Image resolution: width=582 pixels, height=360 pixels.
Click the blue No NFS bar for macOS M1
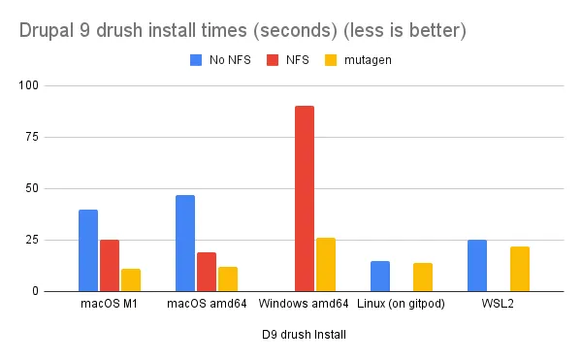click(88, 250)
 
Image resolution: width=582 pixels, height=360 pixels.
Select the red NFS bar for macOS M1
click(110, 266)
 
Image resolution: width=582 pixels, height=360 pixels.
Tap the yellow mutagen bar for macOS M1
click(131, 280)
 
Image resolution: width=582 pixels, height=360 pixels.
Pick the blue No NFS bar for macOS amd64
click(185, 244)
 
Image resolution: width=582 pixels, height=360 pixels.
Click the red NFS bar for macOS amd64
click(207, 272)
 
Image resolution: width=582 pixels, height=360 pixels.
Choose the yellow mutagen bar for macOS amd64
click(228, 279)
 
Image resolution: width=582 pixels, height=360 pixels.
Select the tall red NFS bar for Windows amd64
click(305, 199)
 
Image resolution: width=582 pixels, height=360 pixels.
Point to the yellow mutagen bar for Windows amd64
click(326, 265)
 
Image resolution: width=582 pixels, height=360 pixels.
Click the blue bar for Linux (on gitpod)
click(380, 277)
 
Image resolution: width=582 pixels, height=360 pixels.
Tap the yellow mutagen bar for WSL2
click(520, 269)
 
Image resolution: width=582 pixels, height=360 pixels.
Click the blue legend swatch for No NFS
click(196, 60)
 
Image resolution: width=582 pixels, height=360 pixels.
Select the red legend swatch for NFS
click(273, 60)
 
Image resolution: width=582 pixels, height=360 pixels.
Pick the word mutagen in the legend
click(368, 60)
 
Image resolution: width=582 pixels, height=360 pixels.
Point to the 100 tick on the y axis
click(28, 85)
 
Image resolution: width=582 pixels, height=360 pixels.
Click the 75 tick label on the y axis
click(32, 137)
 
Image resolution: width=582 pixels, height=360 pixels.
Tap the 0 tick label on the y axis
click(35, 291)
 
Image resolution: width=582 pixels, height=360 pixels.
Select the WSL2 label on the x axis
click(498, 304)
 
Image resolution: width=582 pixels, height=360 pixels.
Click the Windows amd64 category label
click(304, 304)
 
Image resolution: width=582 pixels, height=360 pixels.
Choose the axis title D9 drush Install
click(304, 335)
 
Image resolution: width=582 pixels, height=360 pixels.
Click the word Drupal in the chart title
click(47, 31)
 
